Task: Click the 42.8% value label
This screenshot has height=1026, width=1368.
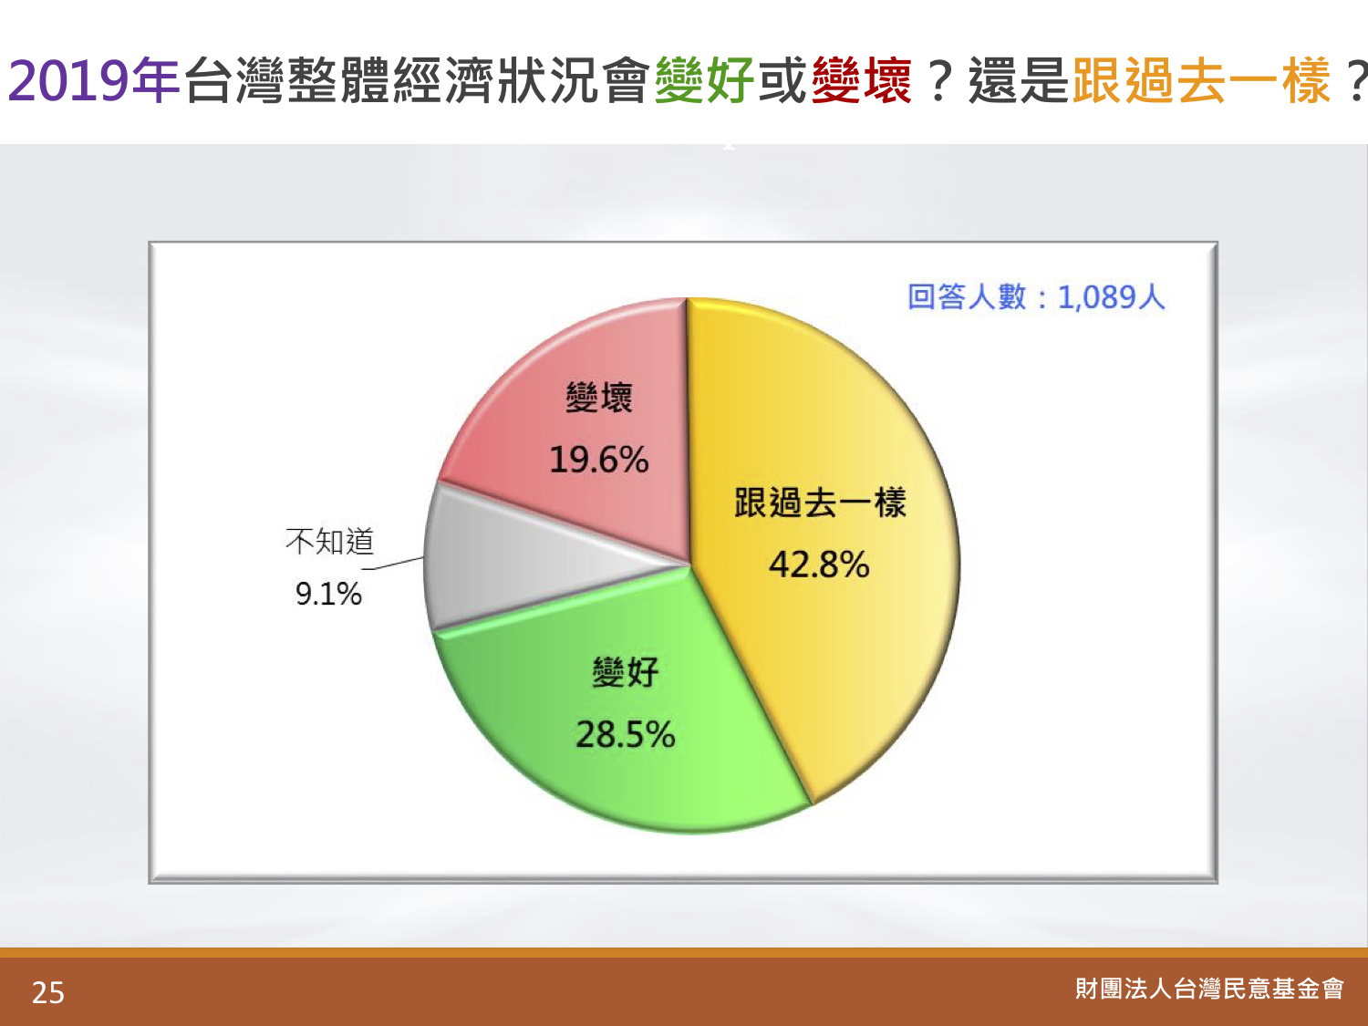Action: click(819, 565)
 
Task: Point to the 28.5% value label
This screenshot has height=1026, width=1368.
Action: click(625, 734)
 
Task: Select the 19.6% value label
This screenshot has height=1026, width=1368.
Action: click(599, 461)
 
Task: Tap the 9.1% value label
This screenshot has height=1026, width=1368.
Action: click(328, 594)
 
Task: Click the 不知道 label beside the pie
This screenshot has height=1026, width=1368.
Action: click(330, 541)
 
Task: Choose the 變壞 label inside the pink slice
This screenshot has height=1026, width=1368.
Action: click(599, 398)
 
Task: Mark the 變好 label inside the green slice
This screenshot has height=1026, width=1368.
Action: click(625, 672)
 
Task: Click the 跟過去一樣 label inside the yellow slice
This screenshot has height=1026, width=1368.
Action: click(820, 503)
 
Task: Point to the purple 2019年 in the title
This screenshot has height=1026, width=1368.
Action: click(94, 80)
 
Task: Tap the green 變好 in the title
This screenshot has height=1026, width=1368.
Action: click(704, 80)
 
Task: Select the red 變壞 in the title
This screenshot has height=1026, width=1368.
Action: click(862, 80)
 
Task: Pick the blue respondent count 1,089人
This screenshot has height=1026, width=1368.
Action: click(1111, 296)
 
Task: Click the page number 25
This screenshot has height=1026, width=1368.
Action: click(48, 992)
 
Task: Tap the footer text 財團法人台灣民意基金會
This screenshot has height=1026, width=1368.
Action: click(1209, 989)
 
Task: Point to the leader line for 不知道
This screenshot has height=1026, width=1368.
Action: click(393, 564)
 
